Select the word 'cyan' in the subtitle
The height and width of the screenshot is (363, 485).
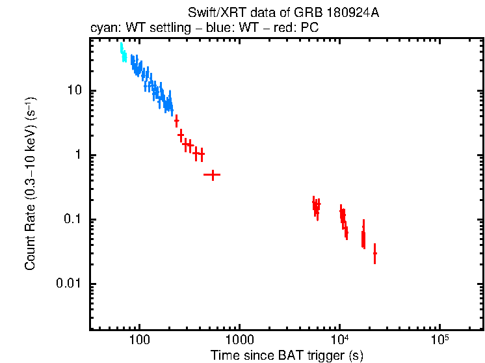102,29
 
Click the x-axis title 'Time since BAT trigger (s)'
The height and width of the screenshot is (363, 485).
287,355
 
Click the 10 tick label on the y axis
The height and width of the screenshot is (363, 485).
73,90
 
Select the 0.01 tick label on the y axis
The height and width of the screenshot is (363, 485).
69,284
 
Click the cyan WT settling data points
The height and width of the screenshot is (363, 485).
123,53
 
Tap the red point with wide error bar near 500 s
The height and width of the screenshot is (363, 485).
212,175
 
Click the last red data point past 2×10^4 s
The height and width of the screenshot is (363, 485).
374,253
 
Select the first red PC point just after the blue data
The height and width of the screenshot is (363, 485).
176,121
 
